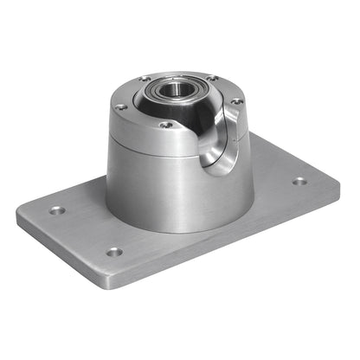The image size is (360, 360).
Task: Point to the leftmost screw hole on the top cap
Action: coord(121,106)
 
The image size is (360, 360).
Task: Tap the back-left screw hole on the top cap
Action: coord(144,80)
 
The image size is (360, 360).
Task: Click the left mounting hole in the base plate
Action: coord(57,210)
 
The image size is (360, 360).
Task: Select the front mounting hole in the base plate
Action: coord(113,253)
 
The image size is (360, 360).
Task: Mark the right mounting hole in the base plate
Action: coord(299,181)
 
